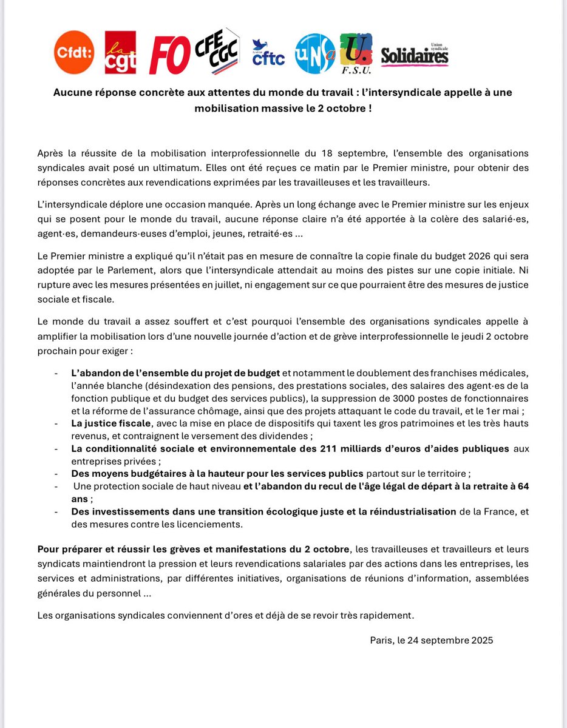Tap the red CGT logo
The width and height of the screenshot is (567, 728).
(x=120, y=53)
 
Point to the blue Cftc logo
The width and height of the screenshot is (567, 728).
(x=268, y=54)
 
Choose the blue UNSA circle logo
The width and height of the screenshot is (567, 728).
(x=314, y=53)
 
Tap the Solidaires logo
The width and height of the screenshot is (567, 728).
(x=415, y=55)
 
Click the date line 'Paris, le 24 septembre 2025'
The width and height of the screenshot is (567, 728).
(x=431, y=640)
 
